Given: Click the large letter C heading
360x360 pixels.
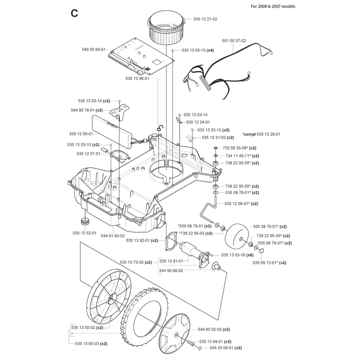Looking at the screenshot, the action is (x=74, y=13).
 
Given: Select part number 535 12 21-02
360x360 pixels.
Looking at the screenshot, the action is (x=205, y=19).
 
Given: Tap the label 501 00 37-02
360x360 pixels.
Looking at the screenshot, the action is (x=234, y=40).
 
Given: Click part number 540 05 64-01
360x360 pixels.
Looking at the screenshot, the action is (x=94, y=49).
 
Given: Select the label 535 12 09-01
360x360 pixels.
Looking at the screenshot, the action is (x=81, y=134).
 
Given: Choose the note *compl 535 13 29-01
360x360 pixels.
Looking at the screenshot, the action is (x=261, y=134).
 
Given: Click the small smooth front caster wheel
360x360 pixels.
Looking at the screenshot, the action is (x=237, y=237).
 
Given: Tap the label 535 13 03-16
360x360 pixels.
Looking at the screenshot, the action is (x=233, y=255).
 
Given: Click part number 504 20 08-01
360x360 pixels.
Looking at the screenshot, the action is (x=221, y=348).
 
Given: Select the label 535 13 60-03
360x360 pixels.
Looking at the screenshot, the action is (x=87, y=344).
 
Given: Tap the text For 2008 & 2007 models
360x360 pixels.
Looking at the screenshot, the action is (x=273, y=6).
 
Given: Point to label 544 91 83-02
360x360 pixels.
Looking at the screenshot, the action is (x=113, y=236).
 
